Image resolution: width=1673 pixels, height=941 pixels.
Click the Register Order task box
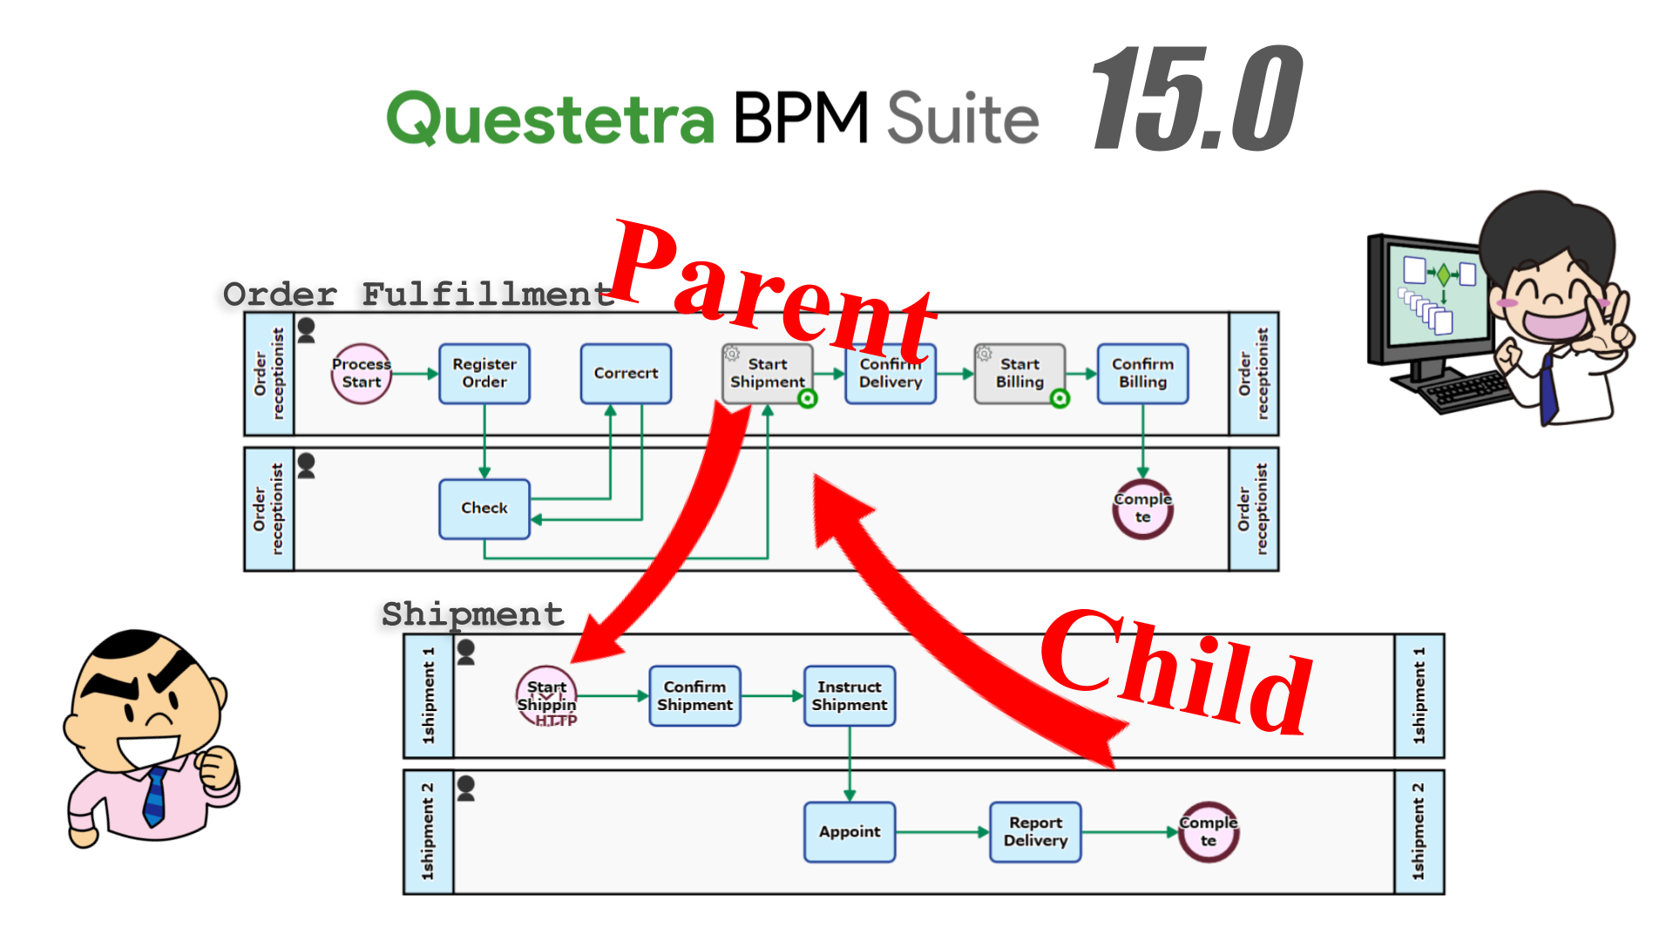click(x=484, y=374)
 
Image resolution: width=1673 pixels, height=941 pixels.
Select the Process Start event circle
click(x=362, y=374)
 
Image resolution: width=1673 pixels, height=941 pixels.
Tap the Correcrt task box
click(x=626, y=374)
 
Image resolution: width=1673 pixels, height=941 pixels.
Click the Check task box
click(x=484, y=509)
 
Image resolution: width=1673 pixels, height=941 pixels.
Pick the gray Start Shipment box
click(x=767, y=374)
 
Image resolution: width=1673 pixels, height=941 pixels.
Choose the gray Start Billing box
click(x=1019, y=374)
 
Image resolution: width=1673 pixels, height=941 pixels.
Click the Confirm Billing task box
click(x=1142, y=374)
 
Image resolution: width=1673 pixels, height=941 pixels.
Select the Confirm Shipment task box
click(x=694, y=696)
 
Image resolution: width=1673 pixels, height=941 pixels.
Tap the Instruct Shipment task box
click(x=850, y=696)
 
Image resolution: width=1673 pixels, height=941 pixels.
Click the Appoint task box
click(x=850, y=832)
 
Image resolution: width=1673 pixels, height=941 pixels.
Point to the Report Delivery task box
click(x=1035, y=832)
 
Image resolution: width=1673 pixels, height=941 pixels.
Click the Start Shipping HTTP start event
click(x=546, y=696)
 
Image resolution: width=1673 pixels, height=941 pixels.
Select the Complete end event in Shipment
click(x=1208, y=832)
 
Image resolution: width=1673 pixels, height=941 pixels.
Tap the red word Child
click(x=1176, y=671)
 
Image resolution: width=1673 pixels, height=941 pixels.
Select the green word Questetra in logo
click(x=551, y=119)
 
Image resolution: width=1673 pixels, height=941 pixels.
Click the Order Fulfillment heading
click(x=418, y=294)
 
